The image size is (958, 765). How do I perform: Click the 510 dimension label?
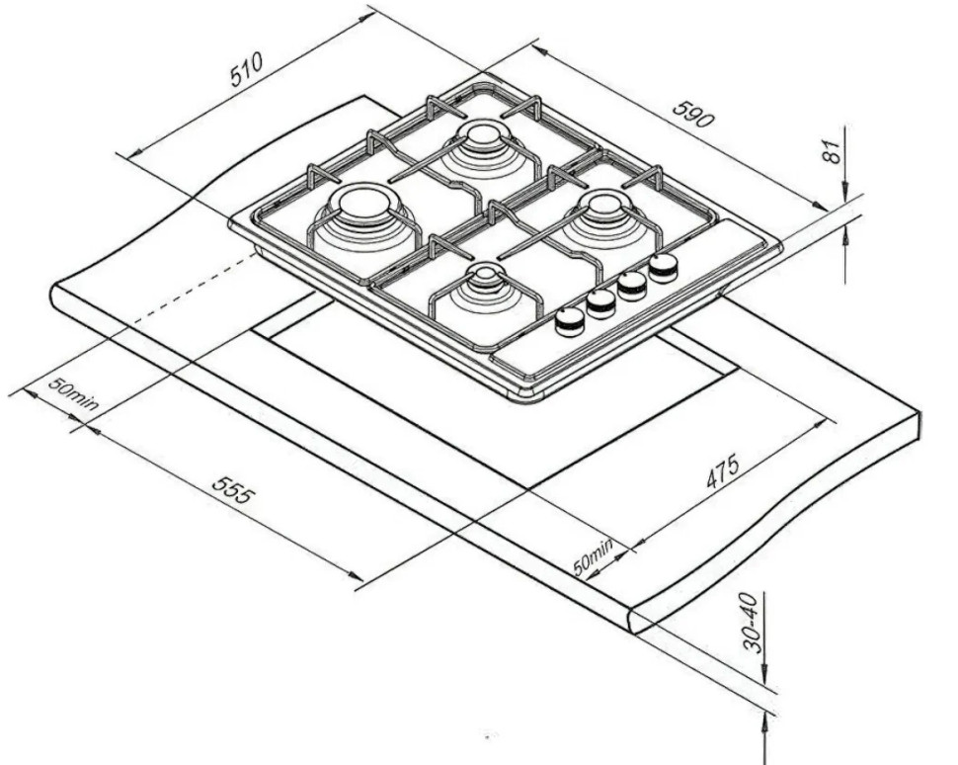(x=246, y=69)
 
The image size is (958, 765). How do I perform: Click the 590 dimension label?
(x=693, y=114)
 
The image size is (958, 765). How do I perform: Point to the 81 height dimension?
(x=833, y=151)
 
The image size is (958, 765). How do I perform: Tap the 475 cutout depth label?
(x=723, y=470)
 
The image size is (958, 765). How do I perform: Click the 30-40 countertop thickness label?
(x=753, y=623)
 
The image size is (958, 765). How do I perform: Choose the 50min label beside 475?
(x=594, y=557)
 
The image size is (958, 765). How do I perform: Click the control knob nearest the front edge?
(x=570, y=320)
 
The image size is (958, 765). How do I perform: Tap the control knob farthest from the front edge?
(x=663, y=267)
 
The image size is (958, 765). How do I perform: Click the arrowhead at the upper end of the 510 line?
(x=366, y=17)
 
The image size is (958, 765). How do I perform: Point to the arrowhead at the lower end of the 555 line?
(x=355, y=575)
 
